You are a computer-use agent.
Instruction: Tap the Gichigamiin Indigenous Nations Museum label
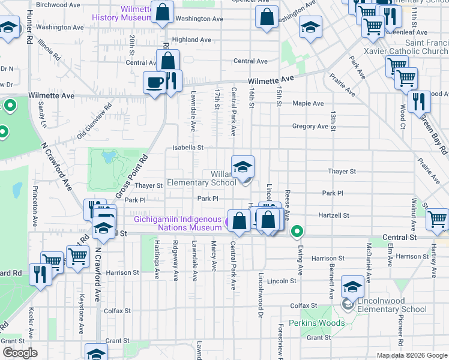coord(178,223)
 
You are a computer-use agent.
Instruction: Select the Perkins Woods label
coord(317,323)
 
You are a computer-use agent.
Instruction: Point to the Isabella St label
coord(188,147)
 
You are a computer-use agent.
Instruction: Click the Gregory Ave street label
coord(310,127)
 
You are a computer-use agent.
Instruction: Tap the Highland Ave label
coord(191,40)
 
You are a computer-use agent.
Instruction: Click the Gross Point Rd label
coord(131,178)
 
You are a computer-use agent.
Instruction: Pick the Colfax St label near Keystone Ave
coord(118,311)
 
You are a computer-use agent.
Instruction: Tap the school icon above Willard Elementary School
coord(243,167)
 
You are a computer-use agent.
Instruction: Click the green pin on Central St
coord(297,231)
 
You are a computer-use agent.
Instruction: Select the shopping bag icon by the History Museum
coord(162,13)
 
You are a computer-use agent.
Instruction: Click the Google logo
coord(19,353)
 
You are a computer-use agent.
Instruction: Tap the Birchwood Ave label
coord(59,4)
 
